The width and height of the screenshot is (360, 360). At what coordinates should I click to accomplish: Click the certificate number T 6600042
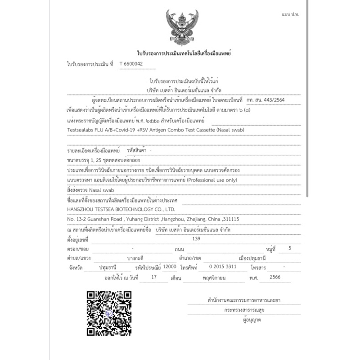click(131, 64)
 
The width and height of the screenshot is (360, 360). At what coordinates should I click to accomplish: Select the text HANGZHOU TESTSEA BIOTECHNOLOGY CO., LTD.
click(119, 209)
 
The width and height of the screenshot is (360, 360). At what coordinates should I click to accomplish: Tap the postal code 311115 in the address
click(229, 219)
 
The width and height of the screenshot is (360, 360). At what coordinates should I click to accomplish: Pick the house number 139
click(196, 238)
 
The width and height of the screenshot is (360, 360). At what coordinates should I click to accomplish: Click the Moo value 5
click(289, 248)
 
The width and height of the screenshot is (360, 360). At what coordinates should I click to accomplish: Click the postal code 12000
click(170, 266)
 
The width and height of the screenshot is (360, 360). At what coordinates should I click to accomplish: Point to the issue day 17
click(154, 277)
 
